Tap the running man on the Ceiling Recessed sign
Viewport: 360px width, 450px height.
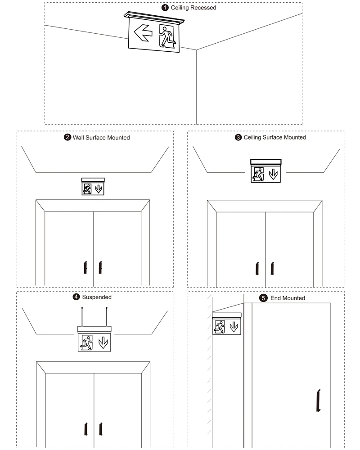coord(167,36)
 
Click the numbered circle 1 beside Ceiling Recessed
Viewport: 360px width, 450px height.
coord(165,8)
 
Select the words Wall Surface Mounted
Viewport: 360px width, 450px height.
coord(101,137)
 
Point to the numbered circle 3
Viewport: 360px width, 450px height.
coord(238,137)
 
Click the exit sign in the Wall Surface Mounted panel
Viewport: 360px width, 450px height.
coord(93,186)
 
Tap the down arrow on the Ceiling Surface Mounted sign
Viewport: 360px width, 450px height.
coord(273,174)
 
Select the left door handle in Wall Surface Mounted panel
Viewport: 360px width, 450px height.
coord(84,267)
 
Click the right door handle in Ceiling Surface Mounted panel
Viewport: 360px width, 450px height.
coord(272,268)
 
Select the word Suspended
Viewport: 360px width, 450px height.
coord(97,297)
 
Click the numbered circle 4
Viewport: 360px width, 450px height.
coord(76,297)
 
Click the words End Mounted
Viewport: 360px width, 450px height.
coord(288,298)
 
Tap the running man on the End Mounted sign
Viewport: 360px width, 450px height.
coord(220,327)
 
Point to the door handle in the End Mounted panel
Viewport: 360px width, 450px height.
coord(318,400)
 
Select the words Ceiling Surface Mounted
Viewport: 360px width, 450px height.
coord(274,137)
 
